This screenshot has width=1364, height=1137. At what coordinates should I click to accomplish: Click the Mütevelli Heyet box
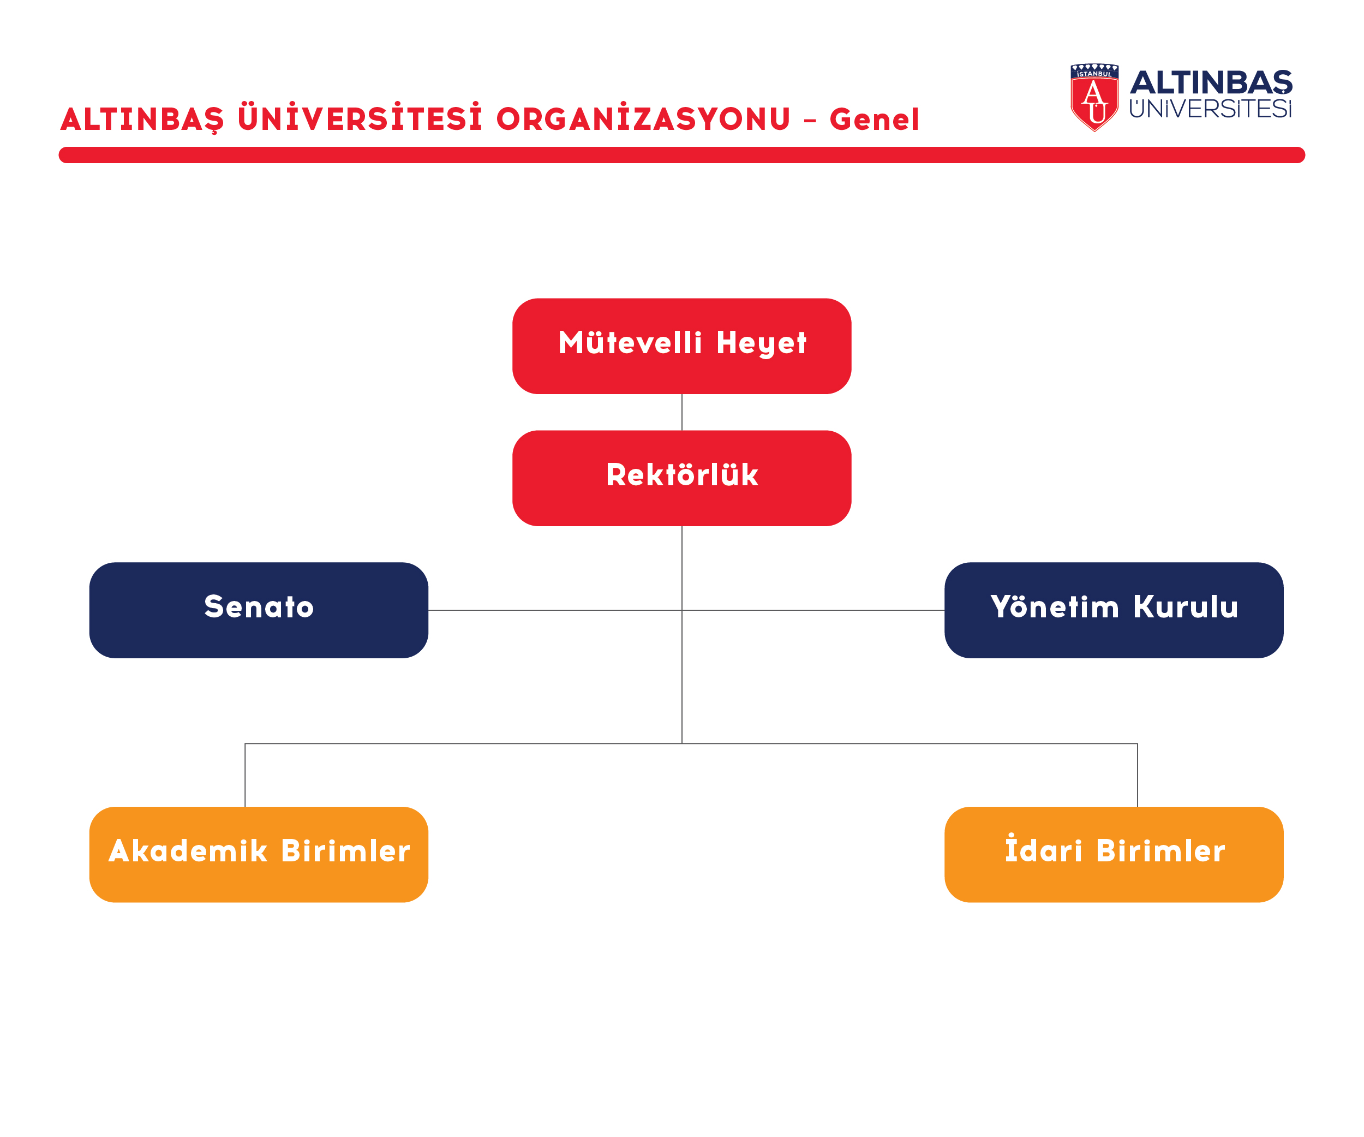point(682,346)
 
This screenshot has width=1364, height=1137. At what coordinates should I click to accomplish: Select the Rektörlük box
point(682,478)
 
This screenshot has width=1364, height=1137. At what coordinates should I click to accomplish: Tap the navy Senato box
point(259,610)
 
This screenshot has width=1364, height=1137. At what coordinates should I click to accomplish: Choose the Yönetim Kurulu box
point(1114,610)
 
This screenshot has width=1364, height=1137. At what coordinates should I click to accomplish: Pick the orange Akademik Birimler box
point(259,854)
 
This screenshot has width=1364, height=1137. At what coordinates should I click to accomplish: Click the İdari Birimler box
point(1114,854)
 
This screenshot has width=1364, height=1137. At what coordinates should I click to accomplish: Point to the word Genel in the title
point(874,119)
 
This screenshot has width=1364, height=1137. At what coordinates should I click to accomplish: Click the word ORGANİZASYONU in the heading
point(643,117)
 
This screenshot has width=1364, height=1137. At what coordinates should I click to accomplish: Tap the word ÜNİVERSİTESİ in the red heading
point(360,117)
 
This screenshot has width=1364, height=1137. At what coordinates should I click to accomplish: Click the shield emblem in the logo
point(1094,98)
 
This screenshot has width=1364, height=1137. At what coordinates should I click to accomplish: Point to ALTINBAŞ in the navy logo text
point(1211,82)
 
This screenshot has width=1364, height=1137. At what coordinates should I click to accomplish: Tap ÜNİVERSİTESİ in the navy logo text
point(1211,109)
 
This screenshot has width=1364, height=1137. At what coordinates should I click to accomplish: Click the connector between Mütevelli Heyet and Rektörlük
point(682,413)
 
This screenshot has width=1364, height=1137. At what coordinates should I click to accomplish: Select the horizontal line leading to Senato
point(555,610)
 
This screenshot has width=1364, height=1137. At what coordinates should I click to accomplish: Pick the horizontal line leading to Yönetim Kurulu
point(813,610)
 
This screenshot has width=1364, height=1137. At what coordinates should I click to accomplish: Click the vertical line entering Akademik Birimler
point(245,775)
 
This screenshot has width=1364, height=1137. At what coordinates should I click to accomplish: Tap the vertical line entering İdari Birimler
point(1138,775)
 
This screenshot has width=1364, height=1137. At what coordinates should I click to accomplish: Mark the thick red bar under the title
point(682,154)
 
